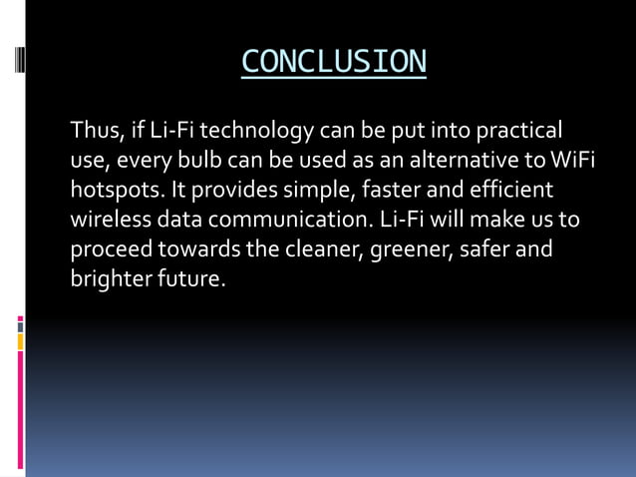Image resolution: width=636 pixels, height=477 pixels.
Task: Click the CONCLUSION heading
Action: [333, 61]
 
